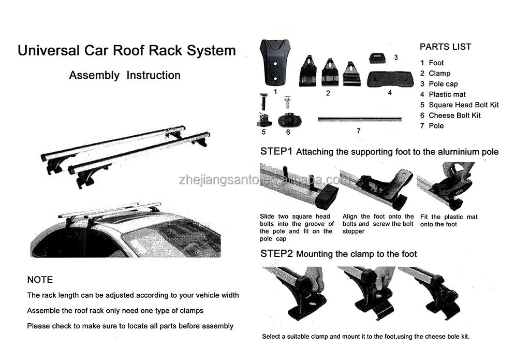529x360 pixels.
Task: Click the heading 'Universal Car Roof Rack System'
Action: click(x=126, y=51)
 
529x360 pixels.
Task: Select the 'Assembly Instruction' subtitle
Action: click(x=125, y=75)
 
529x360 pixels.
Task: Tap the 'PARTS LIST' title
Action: click(x=445, y=47)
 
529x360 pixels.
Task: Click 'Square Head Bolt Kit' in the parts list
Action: click(x=463, y=105)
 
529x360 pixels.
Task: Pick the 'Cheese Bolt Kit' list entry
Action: click(x=454, y=115)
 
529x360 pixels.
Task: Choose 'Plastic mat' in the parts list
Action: click(x=447, y=94)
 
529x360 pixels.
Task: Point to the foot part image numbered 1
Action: click(x=275, y=62)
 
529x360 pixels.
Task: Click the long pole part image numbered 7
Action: click(x=359, y=119)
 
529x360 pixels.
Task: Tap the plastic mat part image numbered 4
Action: click(x=390, y=79)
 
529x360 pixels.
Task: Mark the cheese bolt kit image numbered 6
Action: click(x=289, y=117)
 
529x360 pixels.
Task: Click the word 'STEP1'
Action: click(x=276, y=152)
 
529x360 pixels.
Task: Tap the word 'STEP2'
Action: click(x=276, y=254)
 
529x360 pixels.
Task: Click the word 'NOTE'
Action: click(x=40, y=280)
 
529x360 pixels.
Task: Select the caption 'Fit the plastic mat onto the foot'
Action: click(x=449, y=221)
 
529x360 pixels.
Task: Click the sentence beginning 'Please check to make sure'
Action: click(x=130, y=326)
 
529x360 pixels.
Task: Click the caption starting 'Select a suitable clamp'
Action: click(x=365, y=337)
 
